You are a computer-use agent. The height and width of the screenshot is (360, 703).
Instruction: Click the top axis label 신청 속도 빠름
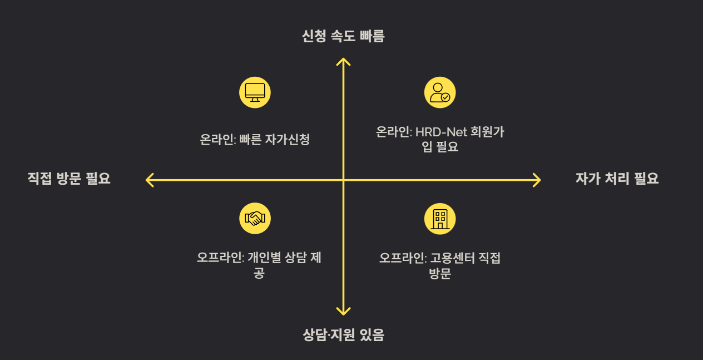tap(343, 37)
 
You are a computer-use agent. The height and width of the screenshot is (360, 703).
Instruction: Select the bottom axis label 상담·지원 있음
tap(343, 335)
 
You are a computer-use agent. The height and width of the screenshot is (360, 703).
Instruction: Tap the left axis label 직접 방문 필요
tap(69, 179)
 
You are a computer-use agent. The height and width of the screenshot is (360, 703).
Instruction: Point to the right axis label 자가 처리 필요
tap(617, 179)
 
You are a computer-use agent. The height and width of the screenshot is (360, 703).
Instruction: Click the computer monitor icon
tap(255, 92)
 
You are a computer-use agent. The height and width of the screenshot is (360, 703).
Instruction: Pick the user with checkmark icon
tap(440, 92)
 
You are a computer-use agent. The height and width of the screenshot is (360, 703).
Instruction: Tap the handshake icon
tap(255, 218)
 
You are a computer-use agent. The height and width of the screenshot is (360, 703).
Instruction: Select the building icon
tap(440, 218)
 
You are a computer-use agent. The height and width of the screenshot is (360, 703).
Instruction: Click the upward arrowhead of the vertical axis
tap(344, 60)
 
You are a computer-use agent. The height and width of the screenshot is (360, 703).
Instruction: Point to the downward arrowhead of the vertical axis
tap(344, 313)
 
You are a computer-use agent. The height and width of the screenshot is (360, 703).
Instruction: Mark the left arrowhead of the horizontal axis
tap(148, 180)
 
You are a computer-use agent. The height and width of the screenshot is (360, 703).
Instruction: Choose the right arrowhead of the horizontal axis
tap(537, 180)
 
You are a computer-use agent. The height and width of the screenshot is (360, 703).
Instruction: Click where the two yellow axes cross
tap(344, 180)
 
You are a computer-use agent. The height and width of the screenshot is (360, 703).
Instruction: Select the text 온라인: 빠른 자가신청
tap(255, 139)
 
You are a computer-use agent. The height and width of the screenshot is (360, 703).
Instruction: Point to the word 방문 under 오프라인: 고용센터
tap(439, 274)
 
